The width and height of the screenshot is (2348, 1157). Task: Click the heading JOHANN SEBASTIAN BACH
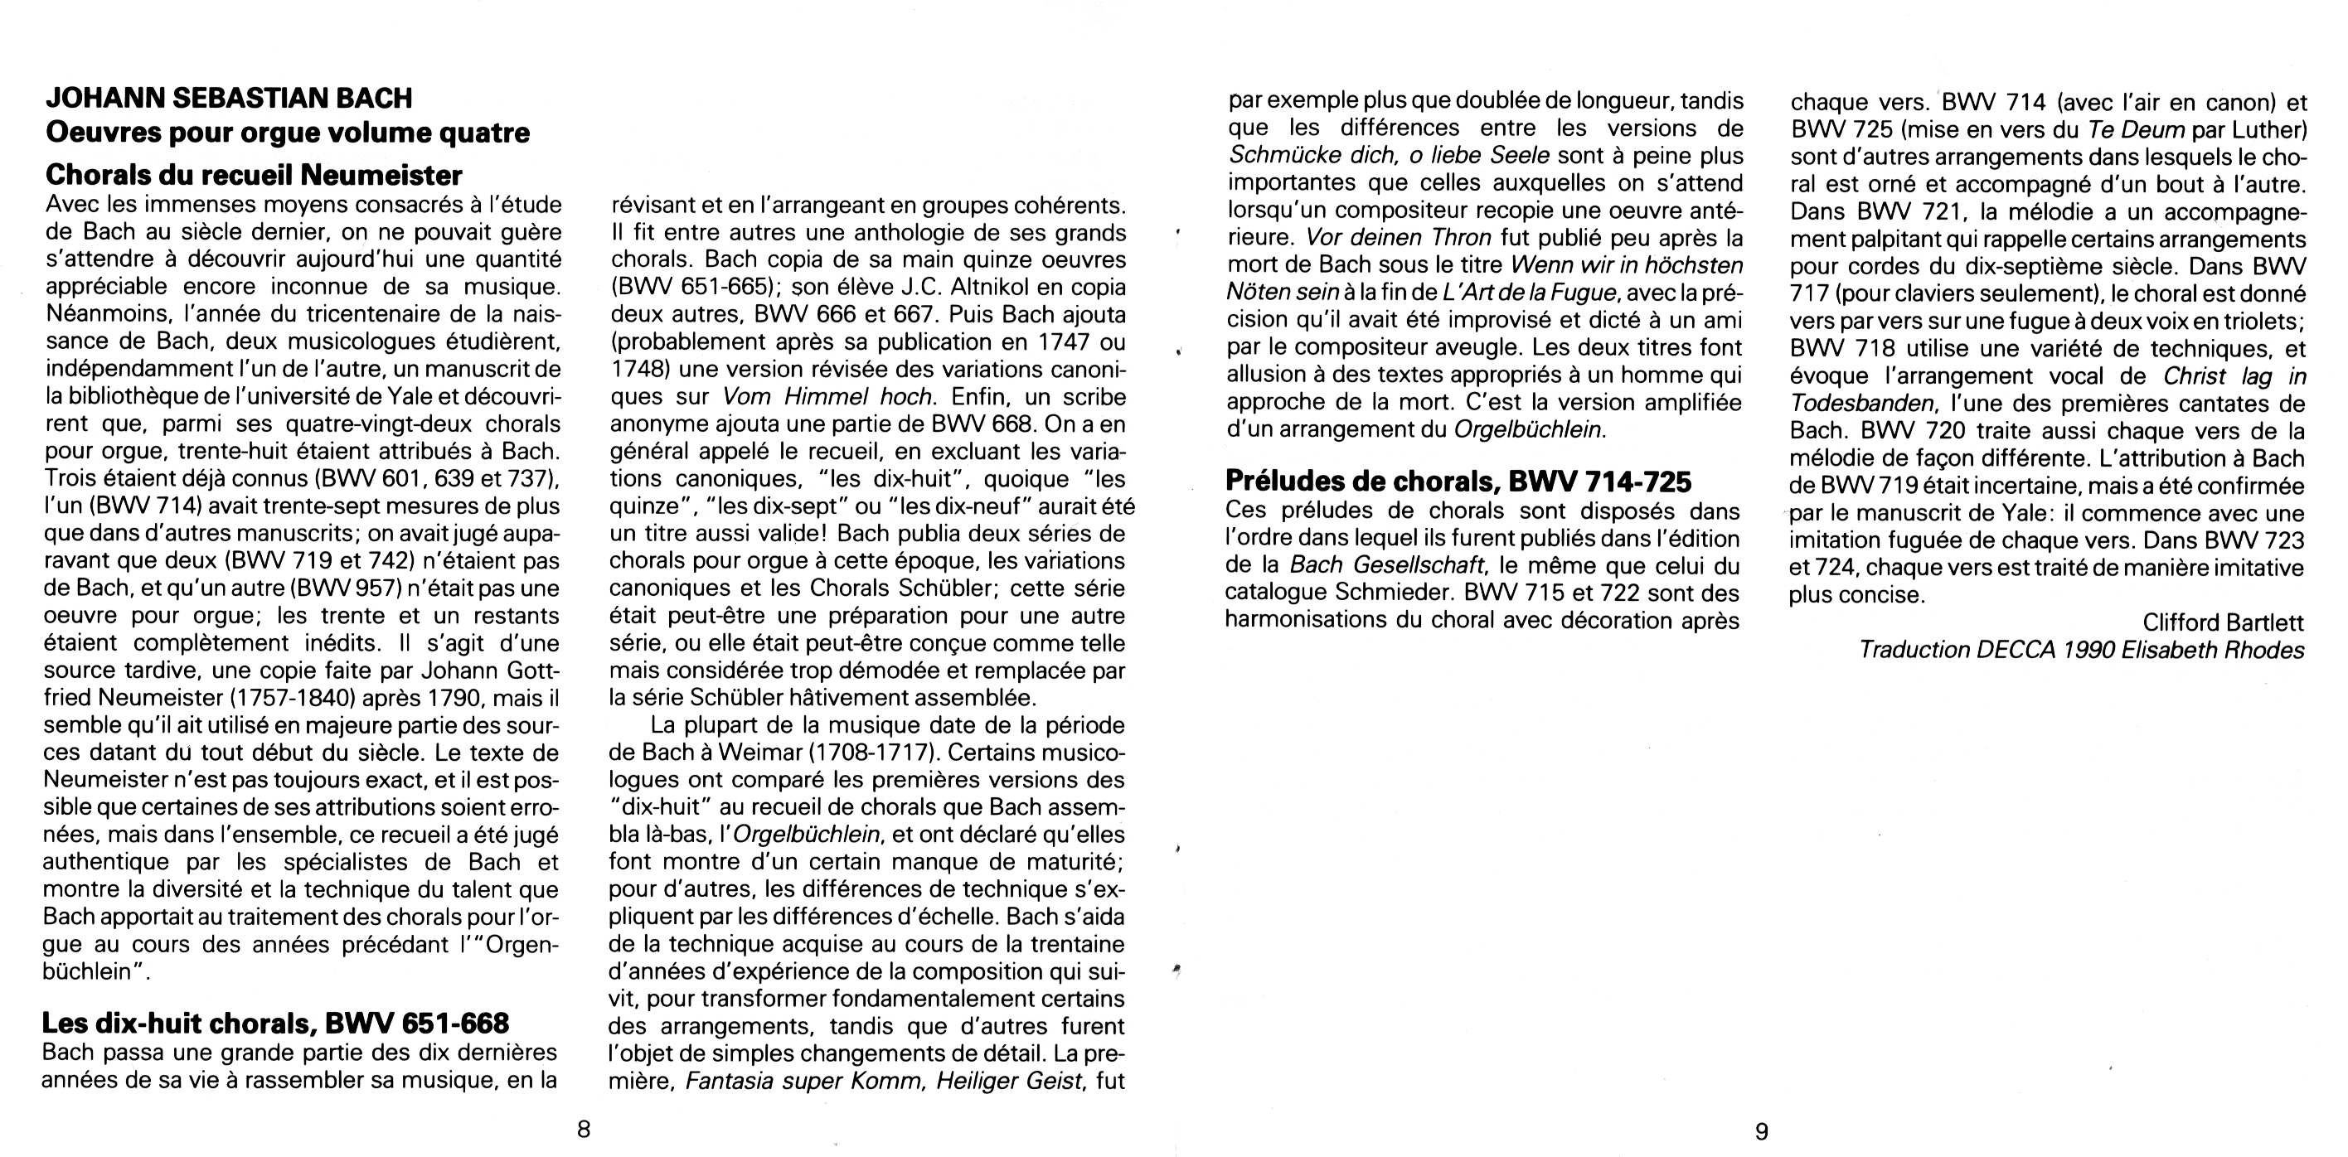(x=229, y=98)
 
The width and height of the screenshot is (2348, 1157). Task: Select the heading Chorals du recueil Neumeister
(x=255, y=174)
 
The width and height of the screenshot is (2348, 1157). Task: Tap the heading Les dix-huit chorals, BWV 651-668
(x=275, y=1024)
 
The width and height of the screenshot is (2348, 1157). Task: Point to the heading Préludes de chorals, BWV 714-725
(x=1458, y=480)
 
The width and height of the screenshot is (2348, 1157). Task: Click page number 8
(x=585, y=1130)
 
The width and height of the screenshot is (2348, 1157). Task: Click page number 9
(x=1762, y=1130)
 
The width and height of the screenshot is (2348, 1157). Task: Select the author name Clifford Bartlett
(x=2223, y=622)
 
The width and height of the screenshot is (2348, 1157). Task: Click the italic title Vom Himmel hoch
(x=827, y=397)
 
